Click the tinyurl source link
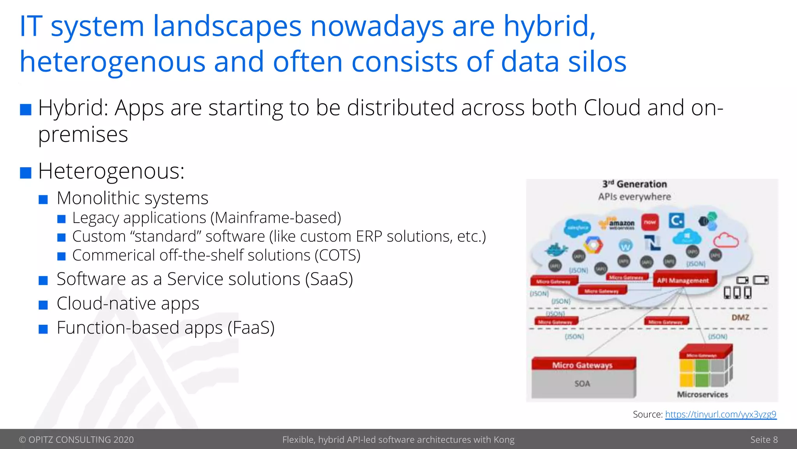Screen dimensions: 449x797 (x=721, y=414)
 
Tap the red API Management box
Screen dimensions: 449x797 (x=683, y=280)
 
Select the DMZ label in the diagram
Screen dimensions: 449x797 (x=740, y=318)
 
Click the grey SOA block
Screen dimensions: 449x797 (x=583, y=384)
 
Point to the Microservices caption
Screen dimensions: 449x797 (x=702, y=394)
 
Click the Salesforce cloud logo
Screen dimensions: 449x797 (x=578, y=228)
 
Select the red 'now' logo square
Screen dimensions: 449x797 (x=650, y=222)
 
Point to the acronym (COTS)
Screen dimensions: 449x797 (x=337, y=255)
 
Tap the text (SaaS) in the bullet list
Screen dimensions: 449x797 (x=329, y=279)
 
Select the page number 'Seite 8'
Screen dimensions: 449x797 (x=764, y=440)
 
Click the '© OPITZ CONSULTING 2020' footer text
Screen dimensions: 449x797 (x=76, y=440)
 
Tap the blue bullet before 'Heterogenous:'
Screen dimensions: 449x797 (x=26, y=172)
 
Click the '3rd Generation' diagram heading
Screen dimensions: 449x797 (x=635, y=184)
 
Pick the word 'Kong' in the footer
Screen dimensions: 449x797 (x=504, y=440)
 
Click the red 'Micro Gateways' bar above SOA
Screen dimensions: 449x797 (x=583, y=365)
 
